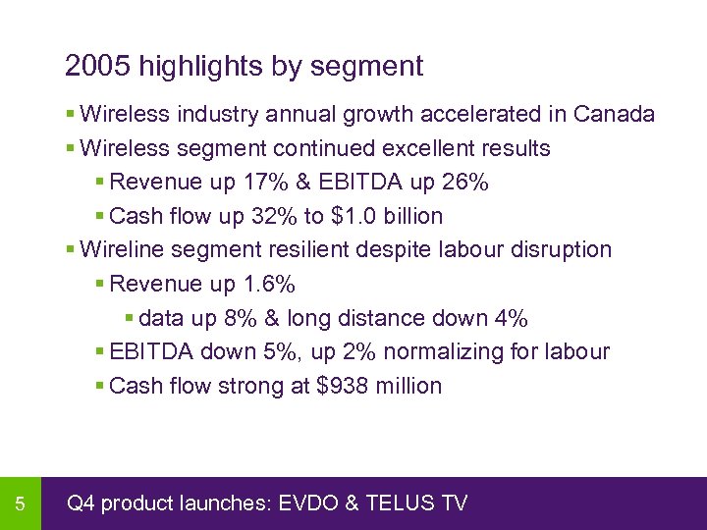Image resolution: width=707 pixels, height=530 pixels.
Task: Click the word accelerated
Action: (481, 115)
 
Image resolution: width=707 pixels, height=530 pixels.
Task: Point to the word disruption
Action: (561, 250)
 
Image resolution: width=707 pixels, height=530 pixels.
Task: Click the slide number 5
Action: (20, 504)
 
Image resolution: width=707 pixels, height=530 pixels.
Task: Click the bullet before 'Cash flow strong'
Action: (100, 387)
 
